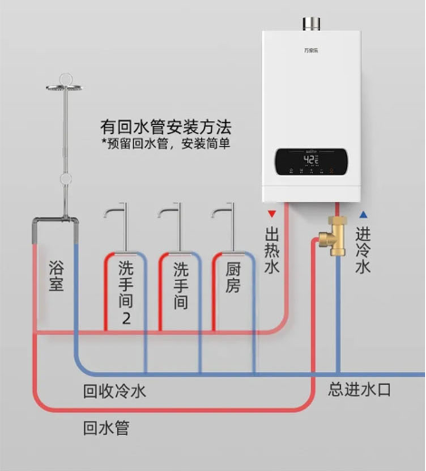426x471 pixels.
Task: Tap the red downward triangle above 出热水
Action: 272,214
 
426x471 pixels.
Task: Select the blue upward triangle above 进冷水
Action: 363,215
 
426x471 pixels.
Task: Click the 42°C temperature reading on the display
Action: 311,159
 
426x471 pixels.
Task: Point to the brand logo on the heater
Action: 311,50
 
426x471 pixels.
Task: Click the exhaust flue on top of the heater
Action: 311,24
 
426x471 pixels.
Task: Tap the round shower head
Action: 64,88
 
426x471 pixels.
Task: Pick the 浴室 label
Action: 56,276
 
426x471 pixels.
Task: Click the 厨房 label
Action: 233,277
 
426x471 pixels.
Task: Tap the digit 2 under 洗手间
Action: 126,319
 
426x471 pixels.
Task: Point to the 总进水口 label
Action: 359,389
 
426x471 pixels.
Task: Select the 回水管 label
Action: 106,428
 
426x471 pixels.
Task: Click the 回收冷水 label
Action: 114,391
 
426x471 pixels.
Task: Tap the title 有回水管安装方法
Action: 166,127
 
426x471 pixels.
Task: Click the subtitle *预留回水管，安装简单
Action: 166,143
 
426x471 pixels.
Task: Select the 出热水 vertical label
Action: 272,250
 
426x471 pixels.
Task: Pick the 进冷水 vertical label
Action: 363,250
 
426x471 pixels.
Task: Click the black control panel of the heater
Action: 311,161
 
